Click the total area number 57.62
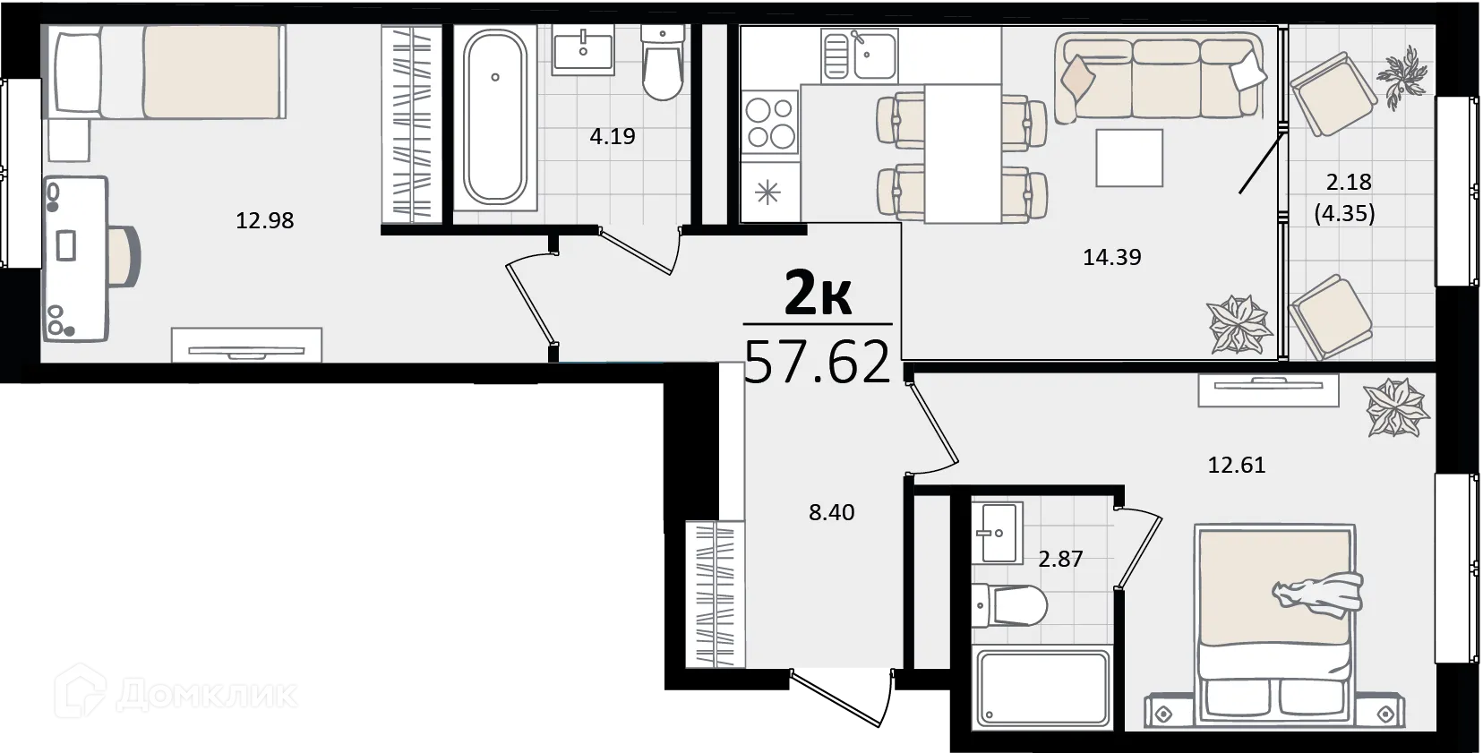click(x=818, y=362)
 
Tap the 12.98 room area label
click(x=265, y=220)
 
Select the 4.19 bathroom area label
click(x=613, y=136)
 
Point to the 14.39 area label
click(x=1112, y=257)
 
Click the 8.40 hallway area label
click(x=832, y=512)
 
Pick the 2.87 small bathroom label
click(x=1060, y=559)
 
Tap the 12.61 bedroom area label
click(x=1237, y=466)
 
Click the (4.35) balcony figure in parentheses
click(x=1344, y=214)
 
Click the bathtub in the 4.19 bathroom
click(x=495, y=117)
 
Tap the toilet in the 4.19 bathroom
click(x=663, y=63)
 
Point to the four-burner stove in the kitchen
click(x=771, y=123)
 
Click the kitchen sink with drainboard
click(x=860, y=56)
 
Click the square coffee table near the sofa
click(x=1129, y=158)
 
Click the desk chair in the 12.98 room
click(x=124, y=255)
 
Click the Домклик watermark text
click(x=207, y=695)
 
